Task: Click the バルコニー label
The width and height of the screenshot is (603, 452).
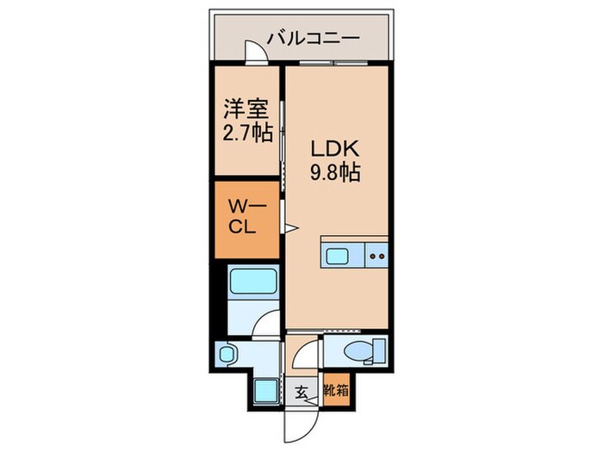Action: [312, 37]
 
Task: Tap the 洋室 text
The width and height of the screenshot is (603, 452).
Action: [246, 110]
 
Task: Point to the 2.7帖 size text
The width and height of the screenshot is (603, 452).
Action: [247, 134]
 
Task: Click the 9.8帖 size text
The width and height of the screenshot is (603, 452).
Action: [334, 172]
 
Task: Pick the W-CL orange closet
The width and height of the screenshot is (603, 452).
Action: [246, 219]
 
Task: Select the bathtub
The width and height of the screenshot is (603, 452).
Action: [253, 281]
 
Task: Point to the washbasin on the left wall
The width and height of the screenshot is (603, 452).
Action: [228, 353]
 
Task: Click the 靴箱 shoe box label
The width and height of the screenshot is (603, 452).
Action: [336, 390]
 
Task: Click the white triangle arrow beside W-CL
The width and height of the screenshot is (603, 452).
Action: [292, 228]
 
